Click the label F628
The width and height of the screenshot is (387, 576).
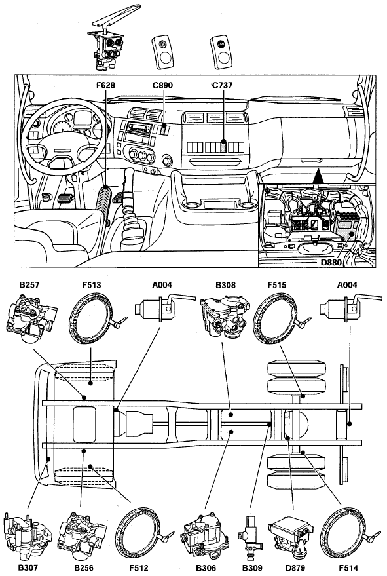[105, 85]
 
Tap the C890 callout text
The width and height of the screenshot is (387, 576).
[162, 85]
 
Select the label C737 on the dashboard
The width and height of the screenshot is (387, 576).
[222, 85]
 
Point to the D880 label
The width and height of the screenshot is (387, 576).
[331, 262]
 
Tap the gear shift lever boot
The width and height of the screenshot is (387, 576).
[132, 220]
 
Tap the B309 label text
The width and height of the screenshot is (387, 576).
[252, 567]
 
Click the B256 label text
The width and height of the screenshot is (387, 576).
[84, 567]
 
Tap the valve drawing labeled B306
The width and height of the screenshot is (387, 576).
[204, 536]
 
